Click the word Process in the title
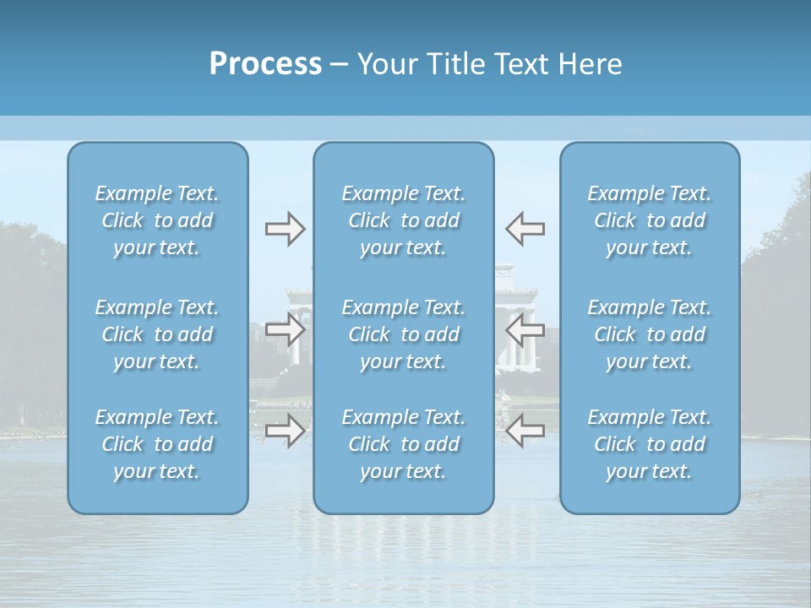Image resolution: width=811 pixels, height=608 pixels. (265, 64)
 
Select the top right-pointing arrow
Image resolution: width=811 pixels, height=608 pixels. (285, 229)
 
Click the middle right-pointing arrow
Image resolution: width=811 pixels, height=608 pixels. (285, 329)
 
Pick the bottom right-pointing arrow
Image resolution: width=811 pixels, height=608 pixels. (285, 431)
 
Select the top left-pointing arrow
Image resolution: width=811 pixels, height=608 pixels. (525, 229)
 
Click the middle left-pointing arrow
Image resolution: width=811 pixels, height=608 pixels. (525, 329)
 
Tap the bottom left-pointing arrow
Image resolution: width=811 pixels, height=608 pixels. (525, 431)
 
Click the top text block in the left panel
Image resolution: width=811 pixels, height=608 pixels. (157, 220)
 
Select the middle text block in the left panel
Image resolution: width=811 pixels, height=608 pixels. (157, 334)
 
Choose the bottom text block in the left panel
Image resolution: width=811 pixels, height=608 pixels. (157, 444)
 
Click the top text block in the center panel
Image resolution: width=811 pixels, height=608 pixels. (404, 220)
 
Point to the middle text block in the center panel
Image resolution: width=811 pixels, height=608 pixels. (404, 334)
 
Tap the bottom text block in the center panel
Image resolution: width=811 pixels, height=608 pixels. (404, 444)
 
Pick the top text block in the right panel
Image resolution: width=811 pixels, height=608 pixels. (650, 220)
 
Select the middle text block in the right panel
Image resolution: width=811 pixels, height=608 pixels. (650, 334)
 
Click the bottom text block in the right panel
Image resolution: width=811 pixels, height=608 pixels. (650, 444)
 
